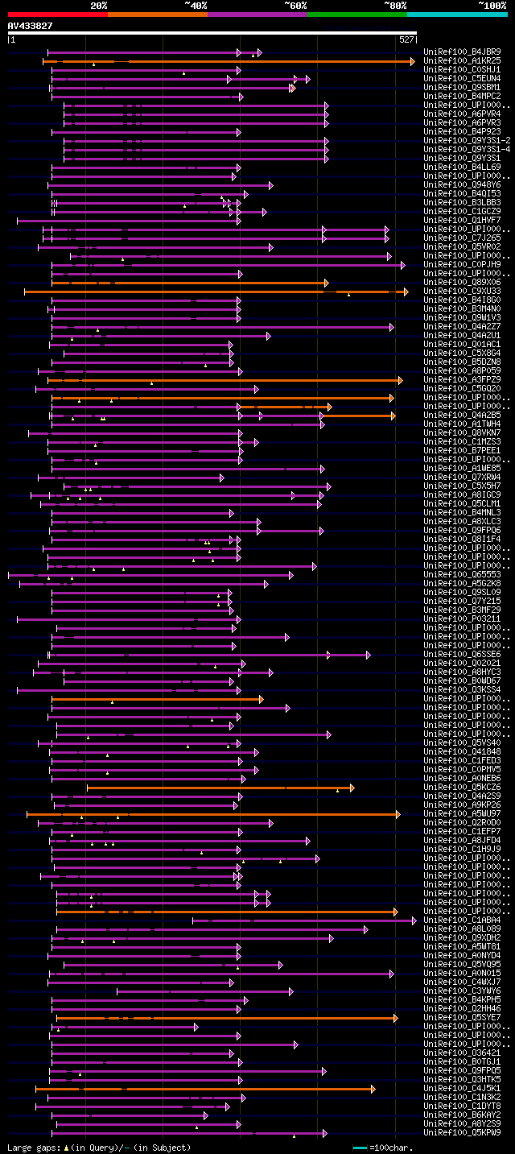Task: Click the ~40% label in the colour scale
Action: pos(196,6)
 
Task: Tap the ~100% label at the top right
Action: pos(492,6)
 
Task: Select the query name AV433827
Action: pos(30,26)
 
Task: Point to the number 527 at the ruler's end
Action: pos(406,39)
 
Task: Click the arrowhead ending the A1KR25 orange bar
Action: pos(413,61)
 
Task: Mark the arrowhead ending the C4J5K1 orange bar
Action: pos(373,1089)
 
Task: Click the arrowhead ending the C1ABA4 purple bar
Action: pos(414,920)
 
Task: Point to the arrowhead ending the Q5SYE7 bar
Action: pos(395,1018)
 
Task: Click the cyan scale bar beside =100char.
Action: pos(360,1148)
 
